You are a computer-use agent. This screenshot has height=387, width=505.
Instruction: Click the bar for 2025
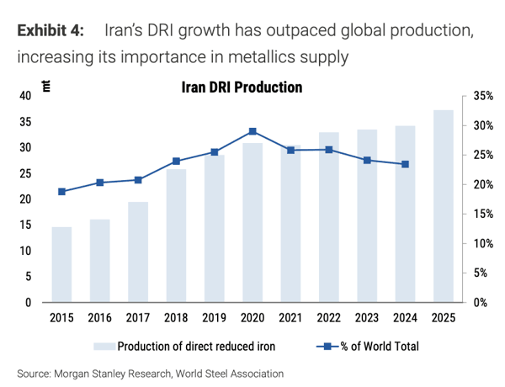(444, 206)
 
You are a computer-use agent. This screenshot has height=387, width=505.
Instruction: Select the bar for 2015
(61, 264)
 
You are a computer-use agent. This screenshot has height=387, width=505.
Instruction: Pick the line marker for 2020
(252, 131)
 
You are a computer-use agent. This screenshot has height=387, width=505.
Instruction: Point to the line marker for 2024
(405, 164)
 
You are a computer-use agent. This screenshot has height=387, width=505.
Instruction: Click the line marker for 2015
(61, 192)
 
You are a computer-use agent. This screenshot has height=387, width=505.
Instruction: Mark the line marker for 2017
(138, 179)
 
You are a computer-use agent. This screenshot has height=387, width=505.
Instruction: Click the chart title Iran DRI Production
(242, 87)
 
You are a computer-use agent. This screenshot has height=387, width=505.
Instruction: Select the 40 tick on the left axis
(24, 97)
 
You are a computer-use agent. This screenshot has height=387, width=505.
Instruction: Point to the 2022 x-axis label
(329, 318)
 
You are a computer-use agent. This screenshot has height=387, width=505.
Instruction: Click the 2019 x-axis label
(214, 318)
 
